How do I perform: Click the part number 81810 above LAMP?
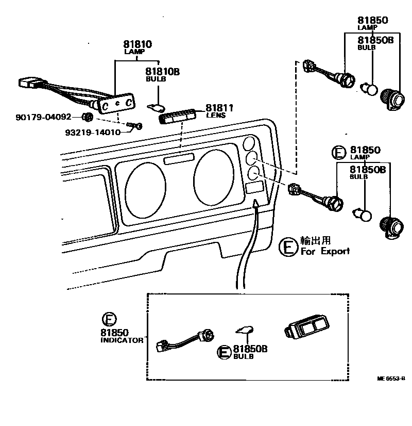click(137, 44)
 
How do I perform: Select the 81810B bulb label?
click(162, 72)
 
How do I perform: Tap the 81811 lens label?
click(220, 108)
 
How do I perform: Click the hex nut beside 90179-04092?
click(88, 117)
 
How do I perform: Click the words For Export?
click(325, 251)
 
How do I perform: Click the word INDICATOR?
click(122, 340)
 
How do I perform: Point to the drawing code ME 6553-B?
click(391, 378)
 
